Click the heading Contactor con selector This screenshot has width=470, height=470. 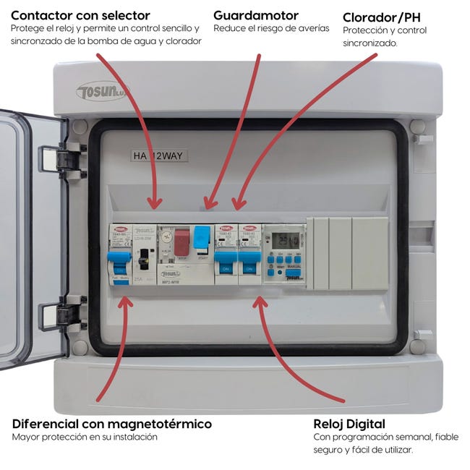click(x=80, y=15)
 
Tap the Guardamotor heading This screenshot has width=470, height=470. click(x=256, y=15)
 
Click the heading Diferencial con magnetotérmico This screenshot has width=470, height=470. click(x=112, y=424)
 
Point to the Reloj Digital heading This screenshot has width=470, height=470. click(x=349, y=424)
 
